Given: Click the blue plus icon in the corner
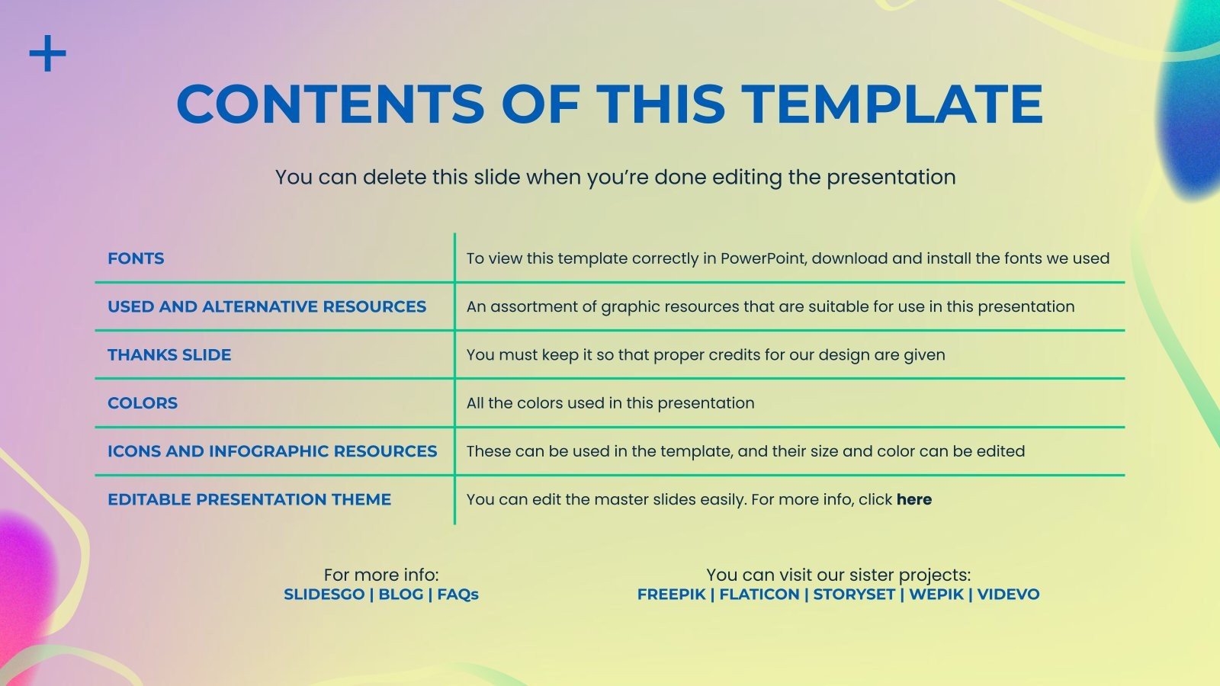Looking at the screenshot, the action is pos(48,53).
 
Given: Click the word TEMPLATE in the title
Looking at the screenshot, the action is pos(892,104).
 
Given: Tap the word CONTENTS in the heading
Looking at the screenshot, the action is pos(330,104).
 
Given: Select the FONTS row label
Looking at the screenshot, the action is pos(136,258).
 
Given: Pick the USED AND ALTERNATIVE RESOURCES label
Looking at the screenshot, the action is pos(267,307).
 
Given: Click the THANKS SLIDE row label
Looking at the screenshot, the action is pos(169,355).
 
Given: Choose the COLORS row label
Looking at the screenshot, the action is pos(143,403).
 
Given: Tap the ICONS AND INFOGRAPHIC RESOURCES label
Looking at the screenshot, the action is pos(272,451).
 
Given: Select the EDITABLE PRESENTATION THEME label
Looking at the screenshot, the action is pos(249,500).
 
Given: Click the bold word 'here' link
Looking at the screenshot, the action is pos(914,500).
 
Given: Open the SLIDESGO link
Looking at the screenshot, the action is pos(324,595).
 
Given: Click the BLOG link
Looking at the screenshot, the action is pos(401,595).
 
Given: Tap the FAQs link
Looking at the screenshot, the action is pos(458,595).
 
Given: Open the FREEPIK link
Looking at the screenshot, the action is pos(672,595).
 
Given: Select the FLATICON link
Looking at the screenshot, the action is pos(759,595).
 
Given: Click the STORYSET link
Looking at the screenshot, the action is pos(854,595).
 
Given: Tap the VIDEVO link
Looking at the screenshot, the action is pos(1009,595).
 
